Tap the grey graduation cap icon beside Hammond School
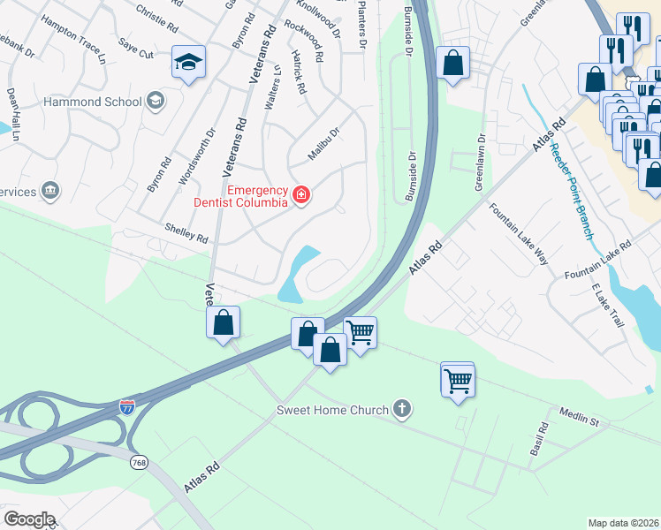click(x=156, y=101)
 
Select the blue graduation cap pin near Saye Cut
click(x=188, y=62)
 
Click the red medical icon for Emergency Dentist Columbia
click(x=301, y=194)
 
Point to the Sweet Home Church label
click(x=332, y=410)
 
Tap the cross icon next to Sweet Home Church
click(x=402, y=409)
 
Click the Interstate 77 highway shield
click(x=128, y=407)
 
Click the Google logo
click(x=29, y=519)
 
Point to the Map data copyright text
click(x=623, y=523)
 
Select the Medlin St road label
click(x=579, y=417)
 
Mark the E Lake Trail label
click(x=609, y=306)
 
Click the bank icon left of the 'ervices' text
click(x=50, y=190)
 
